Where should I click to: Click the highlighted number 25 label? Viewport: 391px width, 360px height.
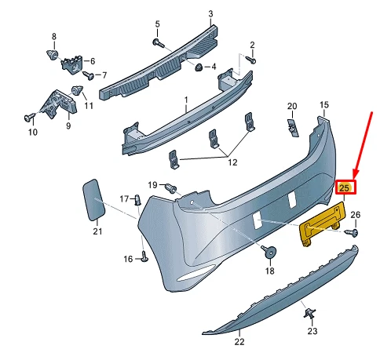pyautogui.click(x=345, y=187)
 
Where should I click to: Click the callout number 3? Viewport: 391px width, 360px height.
pyautogui.click(x=210, y=14)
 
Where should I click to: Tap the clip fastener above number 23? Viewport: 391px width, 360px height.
pyautogui.click(x=308, y=315)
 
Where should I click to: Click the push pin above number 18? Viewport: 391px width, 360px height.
pyautogui.click(x=269, y=252)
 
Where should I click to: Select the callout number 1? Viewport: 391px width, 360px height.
pyautogui.click(x=186, y=100)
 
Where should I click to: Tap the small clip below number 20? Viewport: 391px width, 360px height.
pyautogui.click(x=291, y=125)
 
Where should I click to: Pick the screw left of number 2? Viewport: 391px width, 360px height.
pyautogui.click(x=251, y=59)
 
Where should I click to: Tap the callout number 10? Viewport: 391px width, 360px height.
pyautogui.click(x=32, y=133)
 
